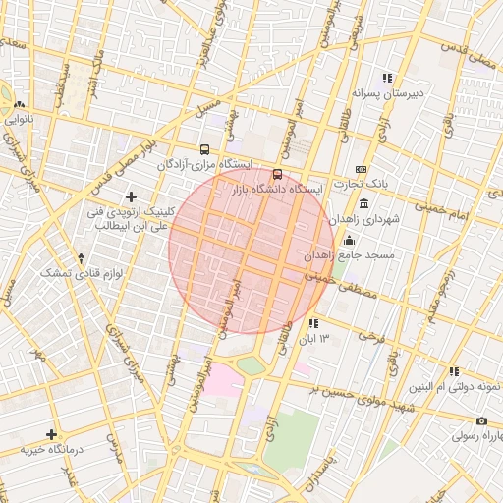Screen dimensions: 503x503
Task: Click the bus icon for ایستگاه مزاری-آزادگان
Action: tap(203, 150)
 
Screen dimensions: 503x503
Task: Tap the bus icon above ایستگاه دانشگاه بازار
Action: tap(276, 174)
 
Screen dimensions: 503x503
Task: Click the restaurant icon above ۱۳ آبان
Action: tap(313, 323)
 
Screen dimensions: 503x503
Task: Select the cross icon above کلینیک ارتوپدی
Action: tap(131, 197)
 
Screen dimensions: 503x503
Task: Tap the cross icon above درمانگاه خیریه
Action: tap(51, 433)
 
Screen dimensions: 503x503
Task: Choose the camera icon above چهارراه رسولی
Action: tap(481, 420)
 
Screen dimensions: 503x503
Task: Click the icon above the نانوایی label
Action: tap(19, 105)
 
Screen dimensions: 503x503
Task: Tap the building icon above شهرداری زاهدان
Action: tap(364, 204)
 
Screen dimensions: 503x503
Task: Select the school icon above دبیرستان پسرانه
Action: tap(387, 79)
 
